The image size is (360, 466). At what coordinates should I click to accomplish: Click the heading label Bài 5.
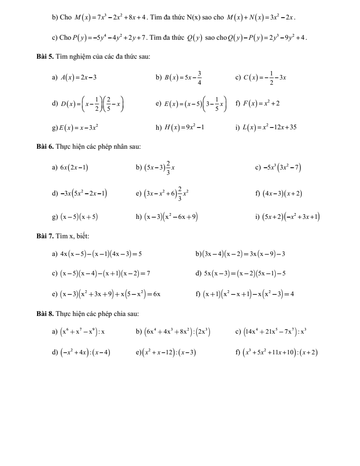pyautogui.click(x=44, y=57)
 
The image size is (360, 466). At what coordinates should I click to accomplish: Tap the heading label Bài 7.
pyautogui.click(x=44, y=236)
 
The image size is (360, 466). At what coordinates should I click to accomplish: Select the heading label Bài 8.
pyautogui.click(x=44, y=314)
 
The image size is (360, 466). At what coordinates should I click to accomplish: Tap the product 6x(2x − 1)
pyautogui.click(x=74, y=167)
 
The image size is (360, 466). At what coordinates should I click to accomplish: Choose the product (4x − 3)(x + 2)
pyautogui.click(x=282, y=193)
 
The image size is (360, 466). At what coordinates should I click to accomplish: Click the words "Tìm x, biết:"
pyautogui.click(x=73, y=236)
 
